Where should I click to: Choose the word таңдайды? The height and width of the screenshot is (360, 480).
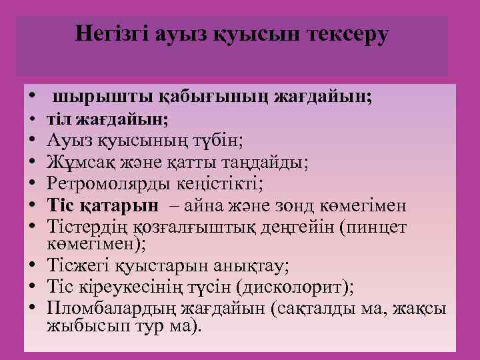click(272, 162)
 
